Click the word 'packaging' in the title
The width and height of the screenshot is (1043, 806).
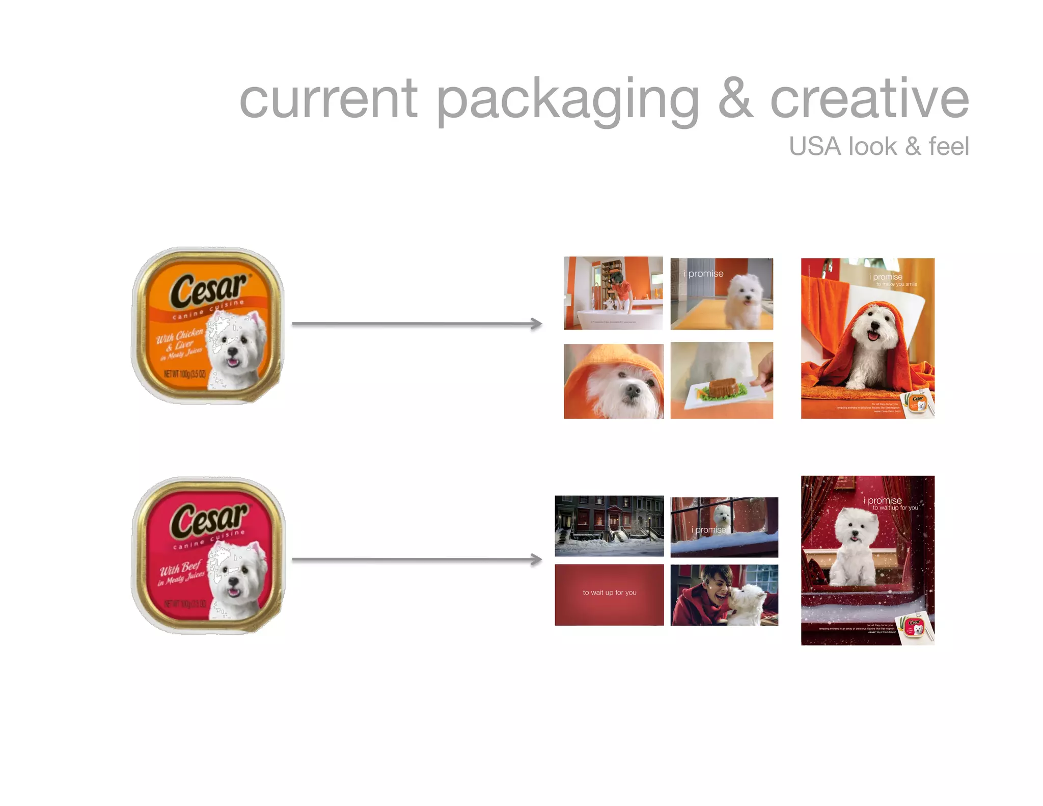[568, 99]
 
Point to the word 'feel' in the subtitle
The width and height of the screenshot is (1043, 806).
[948, 146]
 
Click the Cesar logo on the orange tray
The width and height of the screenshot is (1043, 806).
[209, 290]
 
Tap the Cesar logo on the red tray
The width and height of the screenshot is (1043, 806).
[209, 520]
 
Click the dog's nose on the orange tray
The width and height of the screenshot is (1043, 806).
[233, 352]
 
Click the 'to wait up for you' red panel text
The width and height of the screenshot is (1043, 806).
[609, 593]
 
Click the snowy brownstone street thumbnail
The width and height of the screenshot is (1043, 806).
[609, 526]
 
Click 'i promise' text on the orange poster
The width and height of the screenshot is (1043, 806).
[885, 277]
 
